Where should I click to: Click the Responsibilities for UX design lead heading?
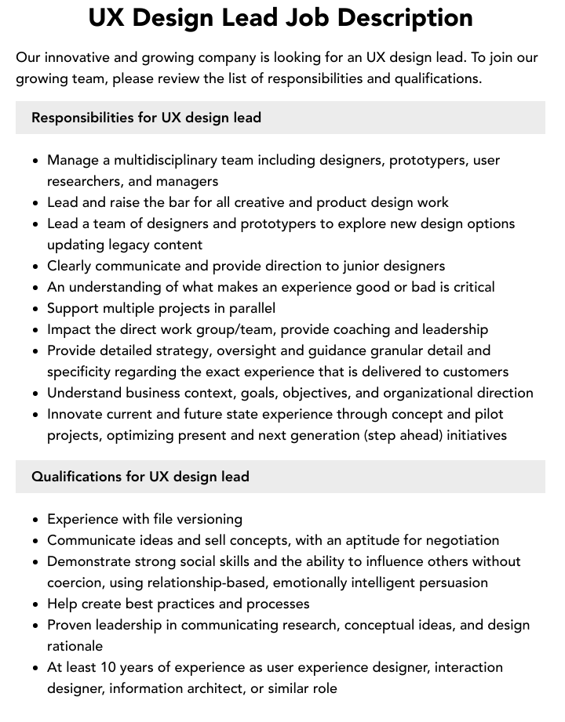tap(146, 118)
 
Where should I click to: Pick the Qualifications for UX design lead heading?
tap(140, 477)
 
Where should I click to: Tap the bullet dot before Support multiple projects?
tap(36, 309)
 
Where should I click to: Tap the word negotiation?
tap(458, 540)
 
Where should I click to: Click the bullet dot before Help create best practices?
tap(36, 604)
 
